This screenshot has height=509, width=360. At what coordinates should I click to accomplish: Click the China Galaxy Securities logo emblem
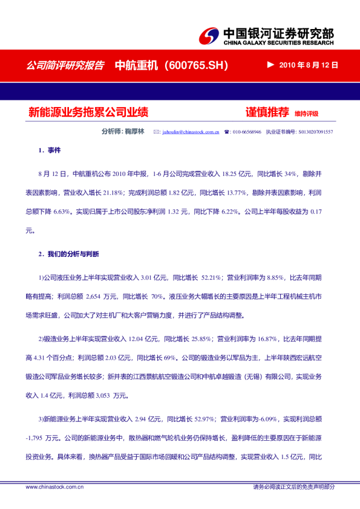210,36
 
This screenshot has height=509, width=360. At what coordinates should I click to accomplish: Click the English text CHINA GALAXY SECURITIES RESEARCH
278,44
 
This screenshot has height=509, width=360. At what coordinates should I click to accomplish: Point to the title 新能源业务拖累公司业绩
88,112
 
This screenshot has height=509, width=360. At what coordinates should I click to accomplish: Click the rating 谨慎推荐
267,112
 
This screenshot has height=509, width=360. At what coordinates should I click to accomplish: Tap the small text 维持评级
306,114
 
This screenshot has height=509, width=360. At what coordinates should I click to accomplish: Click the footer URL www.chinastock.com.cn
54,487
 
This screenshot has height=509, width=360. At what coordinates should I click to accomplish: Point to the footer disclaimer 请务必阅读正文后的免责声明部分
293,487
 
